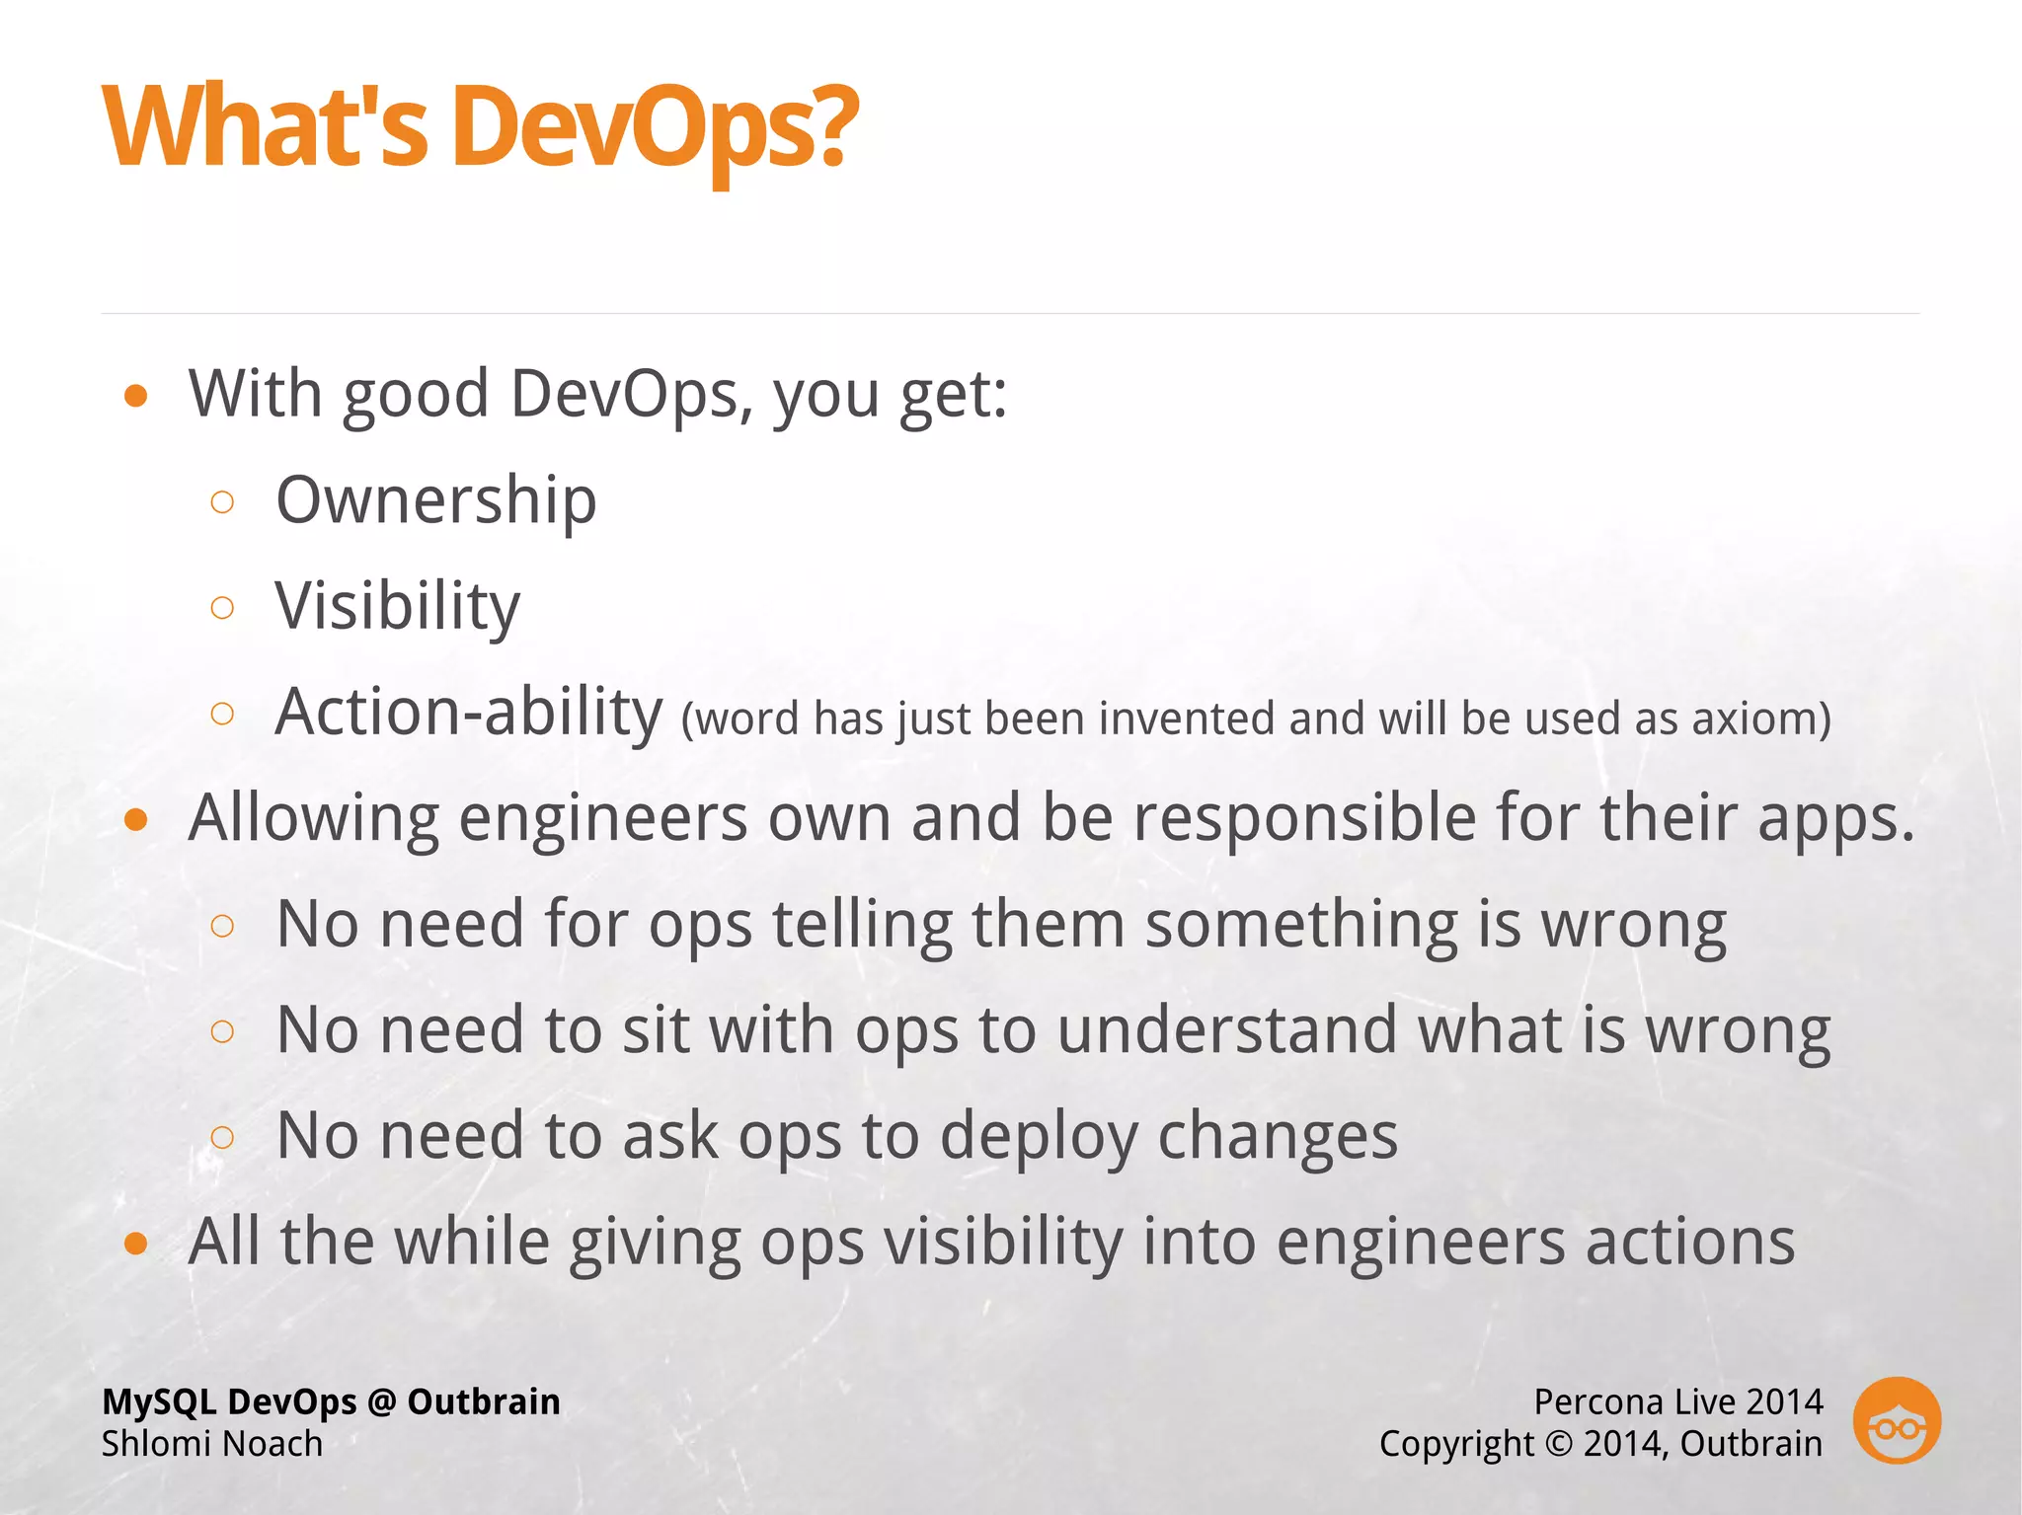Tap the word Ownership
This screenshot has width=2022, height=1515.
[435, 500]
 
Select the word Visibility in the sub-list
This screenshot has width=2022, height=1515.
[397, 606]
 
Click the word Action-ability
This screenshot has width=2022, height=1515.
[468, 712]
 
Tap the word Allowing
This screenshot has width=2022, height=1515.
[314, 818]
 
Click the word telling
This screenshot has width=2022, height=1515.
[862, 925]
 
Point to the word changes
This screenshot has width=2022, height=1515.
[1278, 1137]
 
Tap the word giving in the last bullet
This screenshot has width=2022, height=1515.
[655, 1243]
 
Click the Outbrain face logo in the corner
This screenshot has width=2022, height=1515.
[1897, 1420]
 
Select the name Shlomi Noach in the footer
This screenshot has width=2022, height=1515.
[212, 1444]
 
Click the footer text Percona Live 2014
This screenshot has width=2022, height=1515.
[1677, 1401]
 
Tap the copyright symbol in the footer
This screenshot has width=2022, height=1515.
[1557, 1444]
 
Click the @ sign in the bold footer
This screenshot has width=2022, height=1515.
[381, 1401]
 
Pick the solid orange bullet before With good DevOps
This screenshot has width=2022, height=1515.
[136, 397]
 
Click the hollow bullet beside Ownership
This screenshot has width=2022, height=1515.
[223, 502]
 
